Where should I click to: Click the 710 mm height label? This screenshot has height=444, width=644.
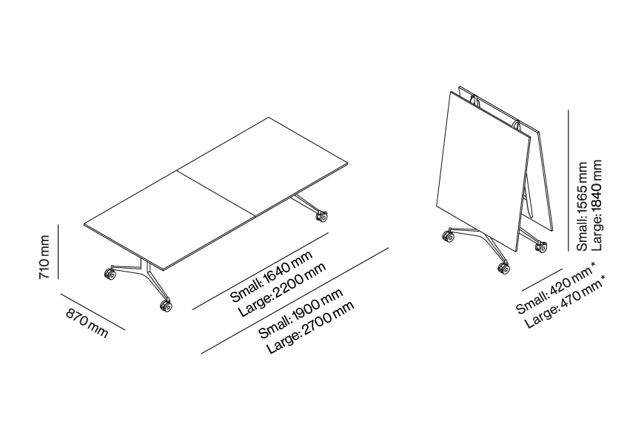pyautogui.click(x=44, y=257)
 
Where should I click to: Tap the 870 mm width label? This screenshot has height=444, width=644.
pyautogui.click(x=87, y=323)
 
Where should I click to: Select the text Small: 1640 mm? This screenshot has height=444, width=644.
pyautogui.click(x=271, y=276)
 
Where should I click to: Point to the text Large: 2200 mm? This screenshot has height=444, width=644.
pyautogui.click(x=283, y=289)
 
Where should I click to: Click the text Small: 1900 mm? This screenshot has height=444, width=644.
pyautogui.click(x=301, y=313)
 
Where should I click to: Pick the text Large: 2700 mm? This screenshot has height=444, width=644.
pyautogui.click(x=310, y=328)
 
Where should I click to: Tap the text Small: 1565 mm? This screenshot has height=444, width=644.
pyautogui.click(x=582, y=206)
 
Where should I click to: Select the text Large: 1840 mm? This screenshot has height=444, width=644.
pyautogui.click(x=596, y=206)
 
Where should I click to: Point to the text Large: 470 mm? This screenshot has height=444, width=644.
pyautogui.click(x=565, y=302)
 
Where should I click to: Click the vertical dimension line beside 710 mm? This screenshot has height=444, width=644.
pyautogui.click(x=58, y=252)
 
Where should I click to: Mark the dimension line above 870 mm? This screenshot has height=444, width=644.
pyautogui.click(x=93, y=312)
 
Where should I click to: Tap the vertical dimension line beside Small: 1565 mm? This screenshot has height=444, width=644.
pyautogui.click(x=568, y=181)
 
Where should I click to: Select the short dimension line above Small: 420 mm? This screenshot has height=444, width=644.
pyautogui.click(x=542, y=280)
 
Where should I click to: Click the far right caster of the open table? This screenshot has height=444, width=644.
pyautogui.click(x=321, y=217)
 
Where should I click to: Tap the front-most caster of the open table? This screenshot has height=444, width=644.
pyautogui.click(x=166, y=306)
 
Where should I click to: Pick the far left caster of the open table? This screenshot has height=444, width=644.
pyautogui.click(x=110, y=274)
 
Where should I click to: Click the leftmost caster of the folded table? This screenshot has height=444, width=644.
pyautogui.click(x=448, y=237)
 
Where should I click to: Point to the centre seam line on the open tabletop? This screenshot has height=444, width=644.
pyautogui.click(x=216, y=192)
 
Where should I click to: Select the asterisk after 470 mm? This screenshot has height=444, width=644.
pyautogui.click(x=603, y=278)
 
